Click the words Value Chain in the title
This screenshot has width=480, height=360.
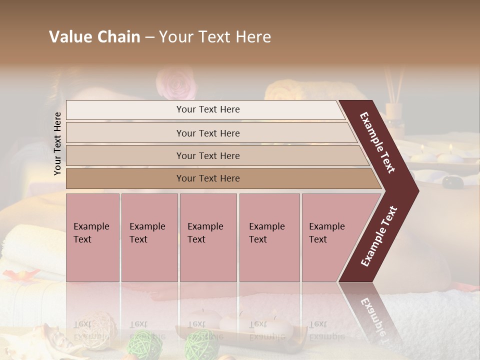94,37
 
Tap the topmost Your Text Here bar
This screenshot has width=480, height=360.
208,109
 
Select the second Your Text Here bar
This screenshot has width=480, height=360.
208,133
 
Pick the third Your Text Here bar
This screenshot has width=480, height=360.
208,155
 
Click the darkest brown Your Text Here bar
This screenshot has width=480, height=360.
208,178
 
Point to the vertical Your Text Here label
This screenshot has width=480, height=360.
57,143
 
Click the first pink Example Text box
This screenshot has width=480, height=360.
92,237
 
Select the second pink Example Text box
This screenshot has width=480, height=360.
149,237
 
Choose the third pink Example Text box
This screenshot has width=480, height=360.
208,237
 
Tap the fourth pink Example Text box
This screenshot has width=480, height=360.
269,237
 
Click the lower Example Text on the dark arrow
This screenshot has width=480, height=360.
379,236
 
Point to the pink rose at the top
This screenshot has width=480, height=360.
176,83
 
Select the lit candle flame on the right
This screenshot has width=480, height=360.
450,148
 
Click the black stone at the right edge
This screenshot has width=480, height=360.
453,182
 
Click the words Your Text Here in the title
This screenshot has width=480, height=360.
215,37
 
